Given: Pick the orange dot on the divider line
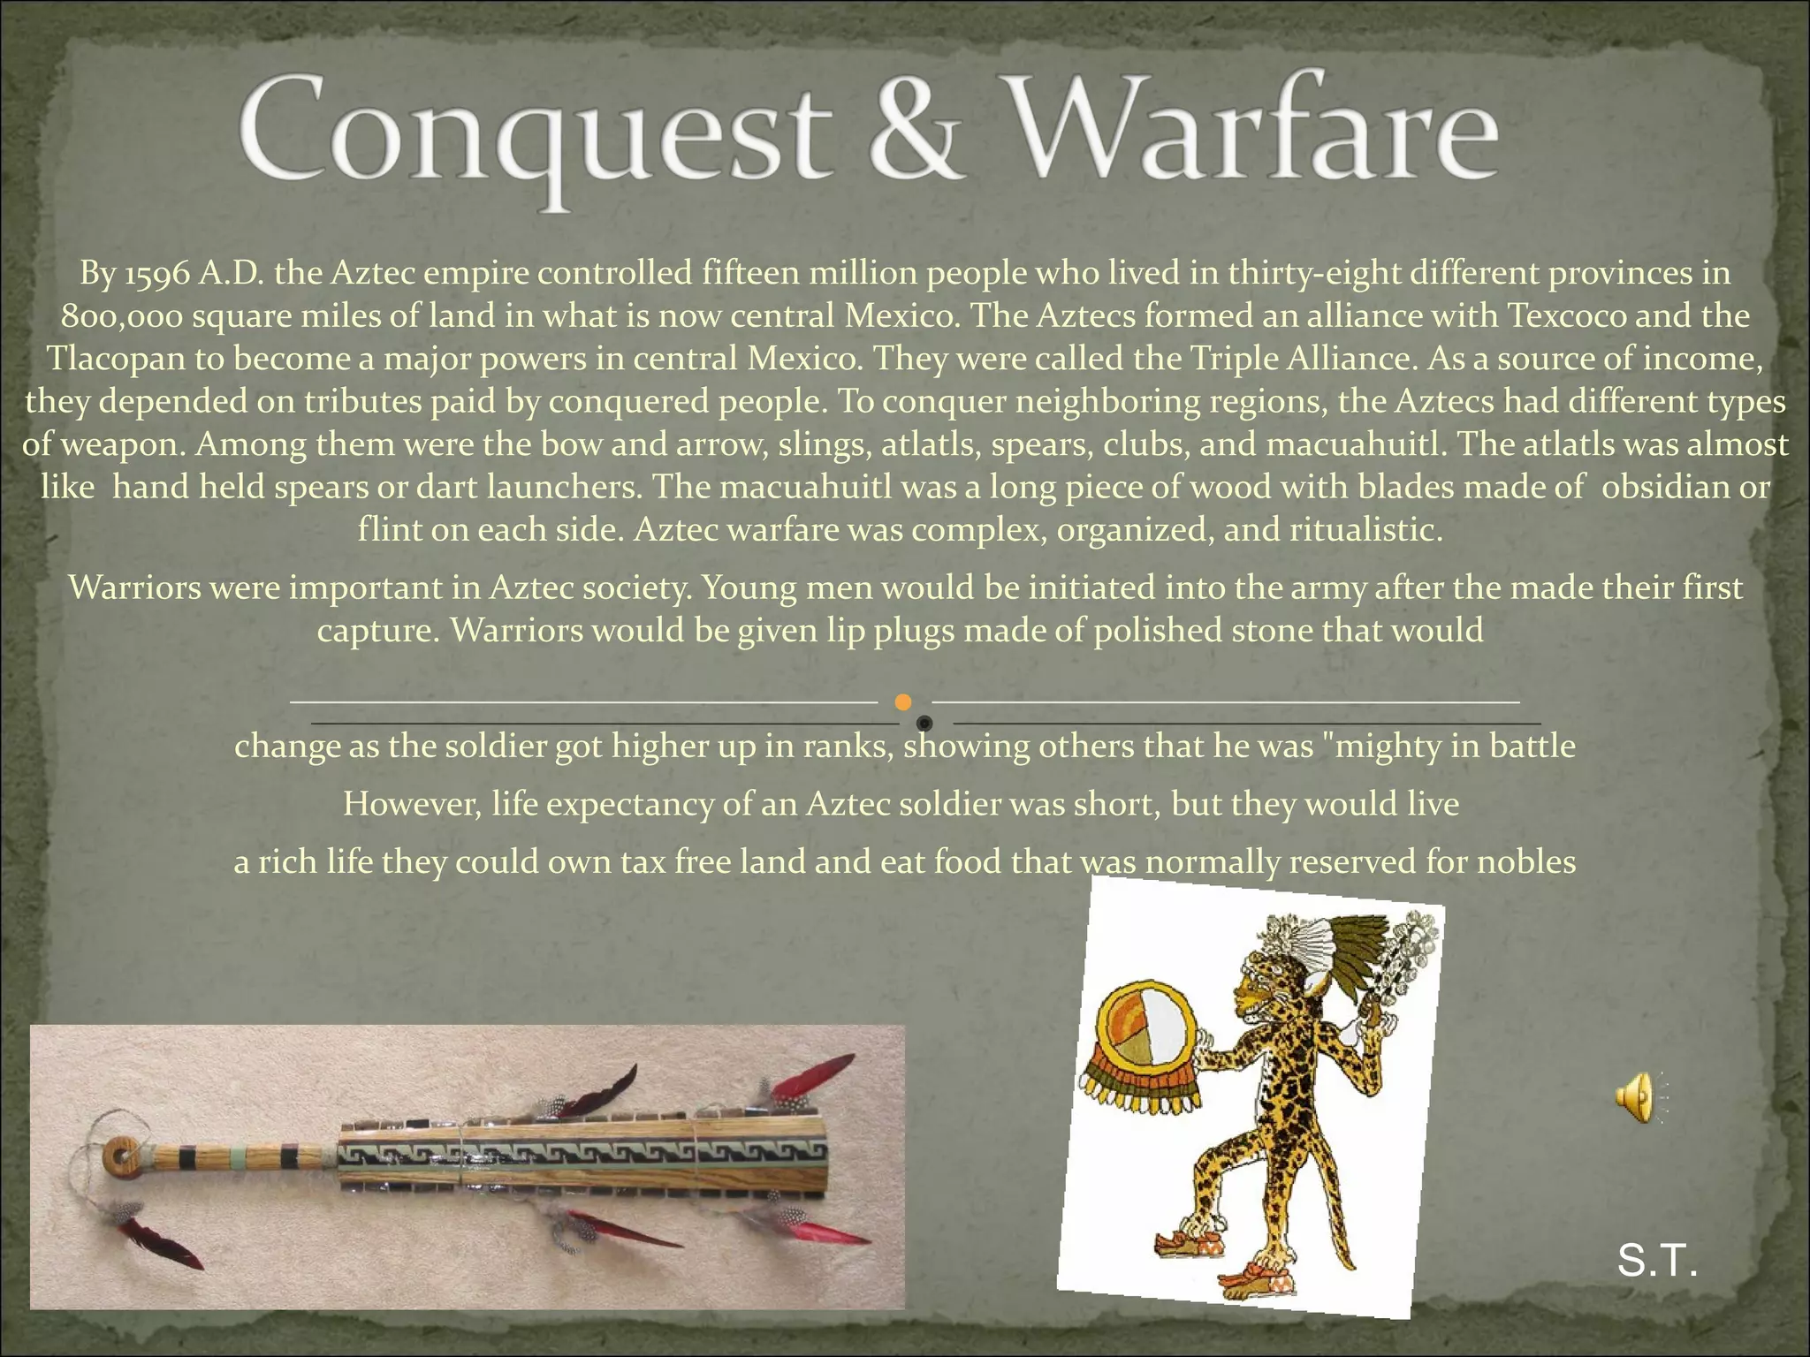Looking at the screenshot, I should [902, 702].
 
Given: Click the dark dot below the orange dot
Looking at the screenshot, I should [924, 724].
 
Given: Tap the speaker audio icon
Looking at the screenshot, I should [1634, 1097].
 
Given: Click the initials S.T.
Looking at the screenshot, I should [1657, 1262].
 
